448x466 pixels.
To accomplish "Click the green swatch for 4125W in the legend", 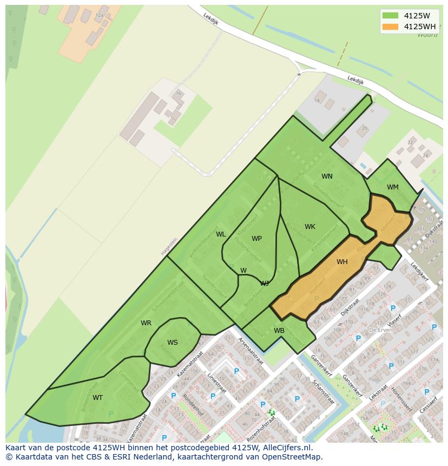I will (390, 16).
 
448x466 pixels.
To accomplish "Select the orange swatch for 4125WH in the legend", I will (390, 27).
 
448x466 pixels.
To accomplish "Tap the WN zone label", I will (327, 176).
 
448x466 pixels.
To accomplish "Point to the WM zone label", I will (393, 187).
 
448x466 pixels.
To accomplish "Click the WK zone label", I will (309, 227).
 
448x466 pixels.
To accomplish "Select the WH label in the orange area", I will (342, 262).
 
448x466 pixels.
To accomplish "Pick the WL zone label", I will (221, 234).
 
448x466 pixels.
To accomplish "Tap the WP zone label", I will (256, 239).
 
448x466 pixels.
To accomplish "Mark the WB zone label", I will (279, 331).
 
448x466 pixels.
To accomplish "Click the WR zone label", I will (146, 323).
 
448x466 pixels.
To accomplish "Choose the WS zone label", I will (172, 343).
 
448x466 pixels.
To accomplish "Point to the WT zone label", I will (97, 398).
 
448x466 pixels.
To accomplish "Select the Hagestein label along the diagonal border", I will (169, 247).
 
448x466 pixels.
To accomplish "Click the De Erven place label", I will (380, 329).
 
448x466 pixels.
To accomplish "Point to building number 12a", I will (99, 16).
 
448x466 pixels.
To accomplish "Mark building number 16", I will (178, 93).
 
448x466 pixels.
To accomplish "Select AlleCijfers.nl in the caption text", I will (287, 448).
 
